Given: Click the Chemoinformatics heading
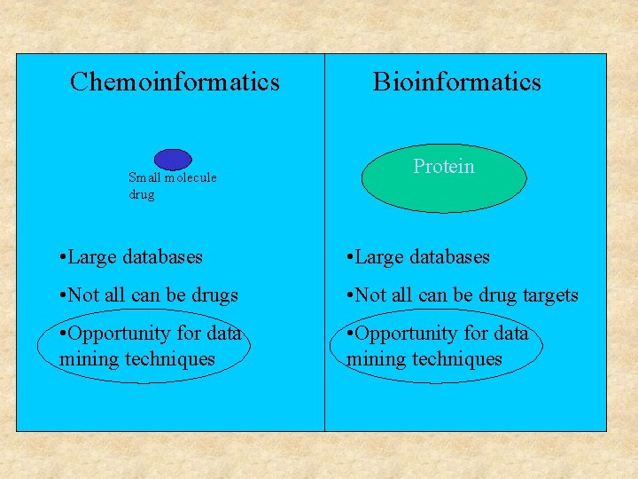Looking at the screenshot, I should (x=175, y=82).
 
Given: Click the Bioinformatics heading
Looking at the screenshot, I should (x=456, y=82).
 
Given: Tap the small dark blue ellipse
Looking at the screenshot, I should (x=173, y=159).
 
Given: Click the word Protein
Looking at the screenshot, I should (x=444, y=167).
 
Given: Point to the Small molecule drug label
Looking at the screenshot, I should (x=172, y=185).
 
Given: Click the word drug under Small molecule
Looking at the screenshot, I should (x=141, y=194).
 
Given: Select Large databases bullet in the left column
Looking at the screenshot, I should (x=128, y=257).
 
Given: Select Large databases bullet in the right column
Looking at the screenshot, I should (x=417, y=257).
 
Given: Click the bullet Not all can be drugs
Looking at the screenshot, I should (x=146, y=295).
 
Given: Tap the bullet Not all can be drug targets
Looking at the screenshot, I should (x=462, y=295).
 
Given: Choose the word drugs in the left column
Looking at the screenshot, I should (x=215, y=295).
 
